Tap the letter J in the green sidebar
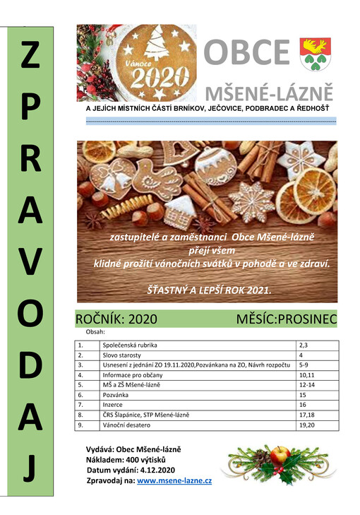tap(28, 468)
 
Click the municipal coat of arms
tap(316, 54)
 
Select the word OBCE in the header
tap(246, 54)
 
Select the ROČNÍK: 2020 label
tap(116, 319)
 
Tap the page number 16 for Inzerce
tap(304, 404)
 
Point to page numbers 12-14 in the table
tap(306, 384)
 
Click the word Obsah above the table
tap(95, 331)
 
